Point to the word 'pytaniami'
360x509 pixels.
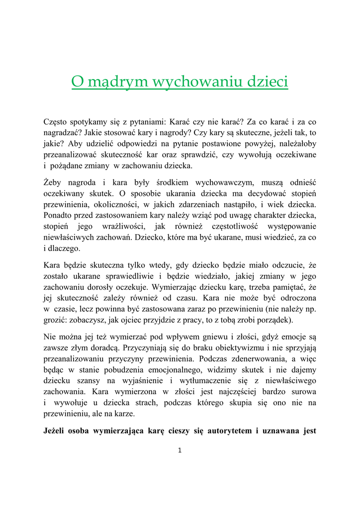147,121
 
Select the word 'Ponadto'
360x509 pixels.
59,215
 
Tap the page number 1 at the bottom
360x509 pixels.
180,450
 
